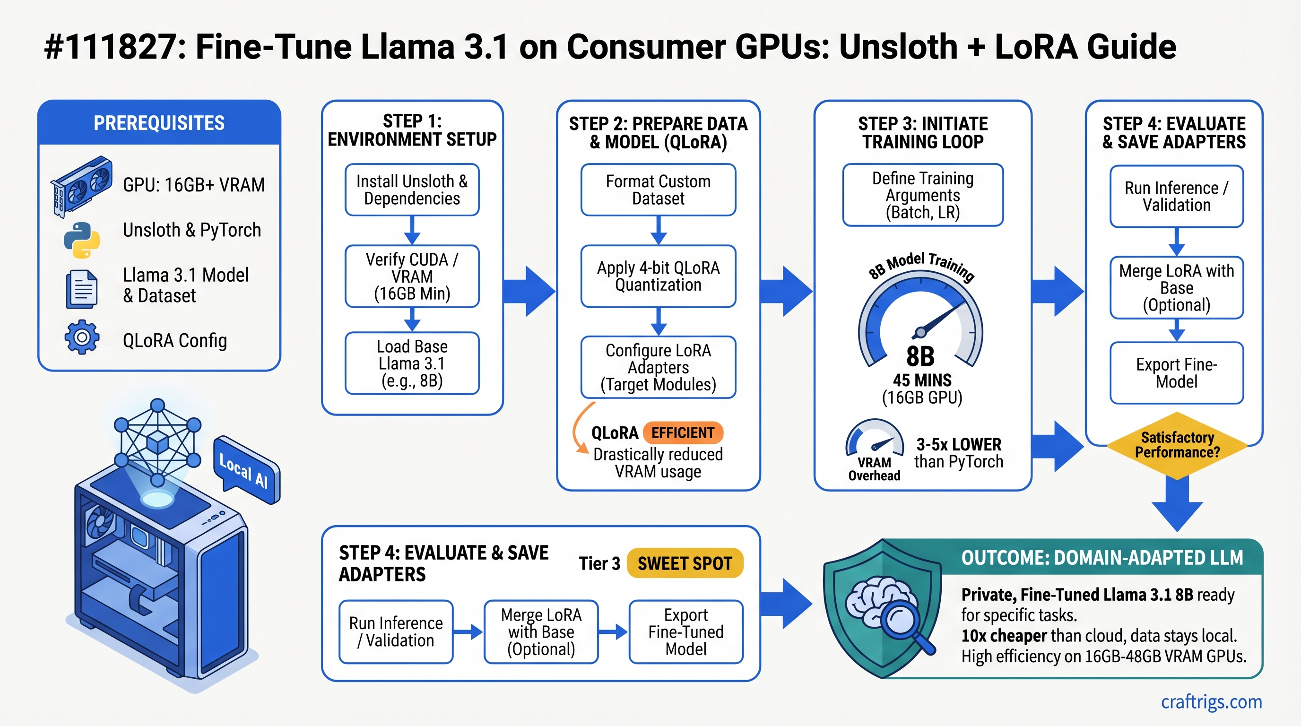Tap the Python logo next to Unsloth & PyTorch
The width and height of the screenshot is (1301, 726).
pos(82,240)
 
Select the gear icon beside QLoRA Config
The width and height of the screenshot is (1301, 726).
pos(82,337)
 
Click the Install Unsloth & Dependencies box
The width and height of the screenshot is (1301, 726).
pos(412,190)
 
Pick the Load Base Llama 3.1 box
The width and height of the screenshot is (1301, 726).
pos(412,363)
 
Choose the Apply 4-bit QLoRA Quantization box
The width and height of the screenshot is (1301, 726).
pos(658,276)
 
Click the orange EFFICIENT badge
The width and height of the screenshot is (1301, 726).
pos(683,432)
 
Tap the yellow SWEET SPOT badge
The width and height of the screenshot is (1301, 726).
pos(685,563)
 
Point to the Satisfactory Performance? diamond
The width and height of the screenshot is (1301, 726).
pos(1177,445)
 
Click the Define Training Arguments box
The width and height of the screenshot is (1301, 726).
pos(923,195)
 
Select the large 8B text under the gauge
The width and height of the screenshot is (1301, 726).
pos(920,356)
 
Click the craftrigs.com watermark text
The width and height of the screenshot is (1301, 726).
pos(1211,702)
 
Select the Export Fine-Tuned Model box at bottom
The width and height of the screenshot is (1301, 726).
pos(685,631)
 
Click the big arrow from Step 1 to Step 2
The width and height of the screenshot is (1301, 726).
pos(530,291)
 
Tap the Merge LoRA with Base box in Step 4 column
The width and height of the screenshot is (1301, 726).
pos(1176,288)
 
